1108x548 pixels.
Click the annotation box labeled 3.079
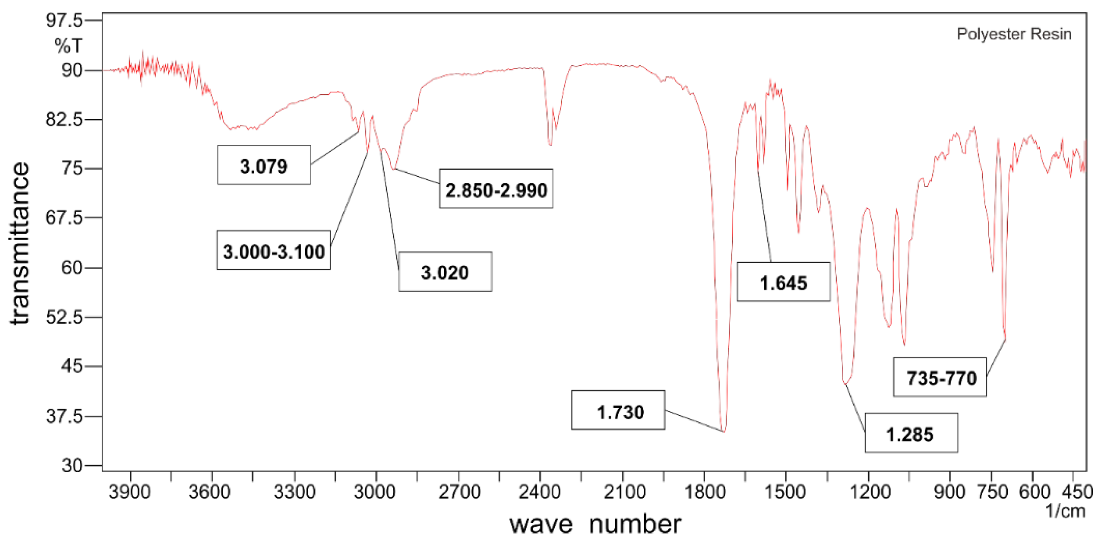tap(264, 165)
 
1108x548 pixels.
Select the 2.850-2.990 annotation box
tap(495, 189)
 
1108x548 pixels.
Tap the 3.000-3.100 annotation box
tap(274, 251)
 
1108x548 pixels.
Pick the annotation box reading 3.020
tap(445, 272)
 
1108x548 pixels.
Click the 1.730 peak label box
tap(618, 411)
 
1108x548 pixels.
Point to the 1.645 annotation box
tap(783, 282)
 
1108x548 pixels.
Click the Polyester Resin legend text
tap(1013, 34)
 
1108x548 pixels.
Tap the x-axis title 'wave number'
tap(595, 524)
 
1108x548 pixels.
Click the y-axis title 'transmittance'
tap(20, 244)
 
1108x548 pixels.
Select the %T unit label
tap(68, 46)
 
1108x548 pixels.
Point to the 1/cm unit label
tap(1065, 511)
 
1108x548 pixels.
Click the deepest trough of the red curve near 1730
tap(724, 430)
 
